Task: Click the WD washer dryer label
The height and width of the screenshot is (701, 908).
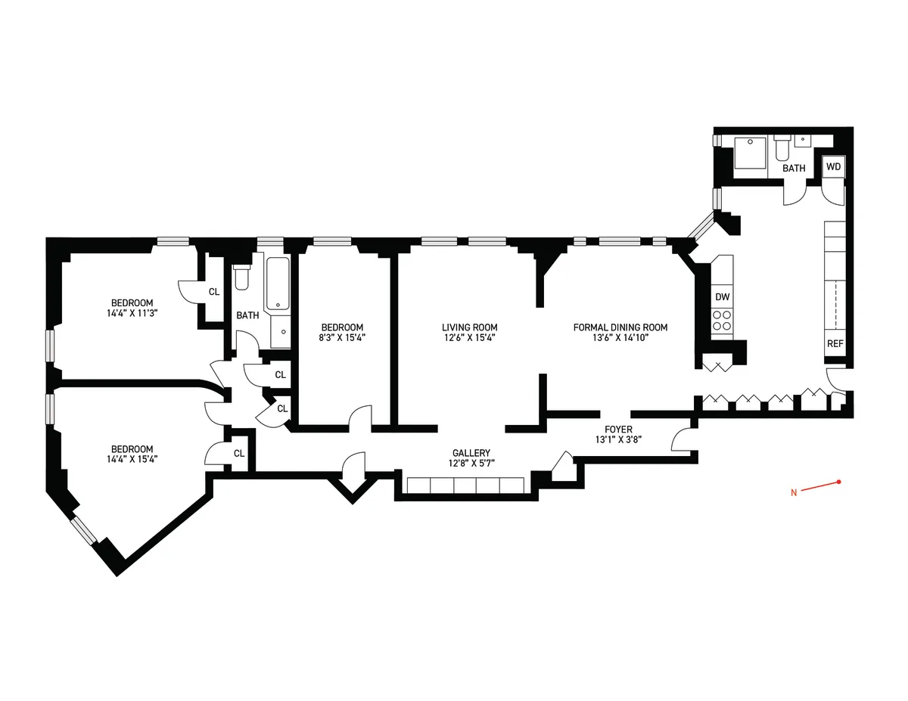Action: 833,166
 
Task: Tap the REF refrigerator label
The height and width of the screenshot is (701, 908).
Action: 835,343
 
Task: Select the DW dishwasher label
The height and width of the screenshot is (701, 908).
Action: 722,297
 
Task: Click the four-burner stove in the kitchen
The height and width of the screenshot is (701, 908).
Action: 722,321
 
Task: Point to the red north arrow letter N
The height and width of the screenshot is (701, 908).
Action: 794,494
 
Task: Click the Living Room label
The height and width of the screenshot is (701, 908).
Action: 469,327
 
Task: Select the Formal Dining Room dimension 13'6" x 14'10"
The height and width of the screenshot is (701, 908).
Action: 620,338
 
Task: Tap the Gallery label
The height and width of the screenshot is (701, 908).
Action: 472,453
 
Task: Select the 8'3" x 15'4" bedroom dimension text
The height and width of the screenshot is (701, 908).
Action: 344,338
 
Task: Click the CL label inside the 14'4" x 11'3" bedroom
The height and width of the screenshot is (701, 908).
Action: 214,292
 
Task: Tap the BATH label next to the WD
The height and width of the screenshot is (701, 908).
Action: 794,168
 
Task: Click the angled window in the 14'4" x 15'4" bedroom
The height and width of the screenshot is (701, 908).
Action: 84,529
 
